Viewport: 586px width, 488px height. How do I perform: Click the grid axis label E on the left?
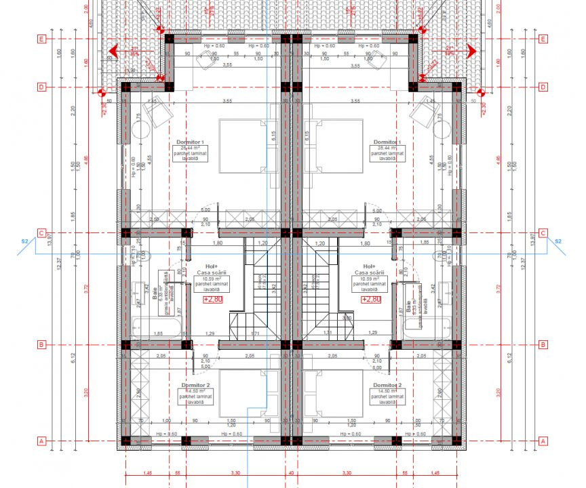pyautogui.click(x=42, y=39)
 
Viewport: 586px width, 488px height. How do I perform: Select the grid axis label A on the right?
pyautogui.click(x=543, y=441)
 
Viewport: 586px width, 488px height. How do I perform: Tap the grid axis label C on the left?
pyautogui.click(x=42, y=233)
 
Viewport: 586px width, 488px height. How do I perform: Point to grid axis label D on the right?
pyautogui.click(x=543, y=87)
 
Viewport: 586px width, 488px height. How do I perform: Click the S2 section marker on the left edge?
pyautogui.click(x=24, y=241)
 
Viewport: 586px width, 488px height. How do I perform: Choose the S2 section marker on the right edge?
pyautogui.click(x=558, y=241)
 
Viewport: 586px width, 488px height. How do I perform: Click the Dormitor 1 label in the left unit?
pyautogui.click(x=191, y=142)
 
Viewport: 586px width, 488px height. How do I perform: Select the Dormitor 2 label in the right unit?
pyautogui.click(x=387, y=385)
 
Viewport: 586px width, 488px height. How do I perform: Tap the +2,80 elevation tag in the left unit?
pyautogui.click(x=213, y=298)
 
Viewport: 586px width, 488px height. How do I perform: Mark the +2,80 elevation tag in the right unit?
pyautogui.click(x=370, y=298)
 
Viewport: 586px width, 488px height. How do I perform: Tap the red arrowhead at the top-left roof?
pyautogui.click(x=113, y=50)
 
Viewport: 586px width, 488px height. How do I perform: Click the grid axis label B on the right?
pyautogui.click(x=543, y=344)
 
